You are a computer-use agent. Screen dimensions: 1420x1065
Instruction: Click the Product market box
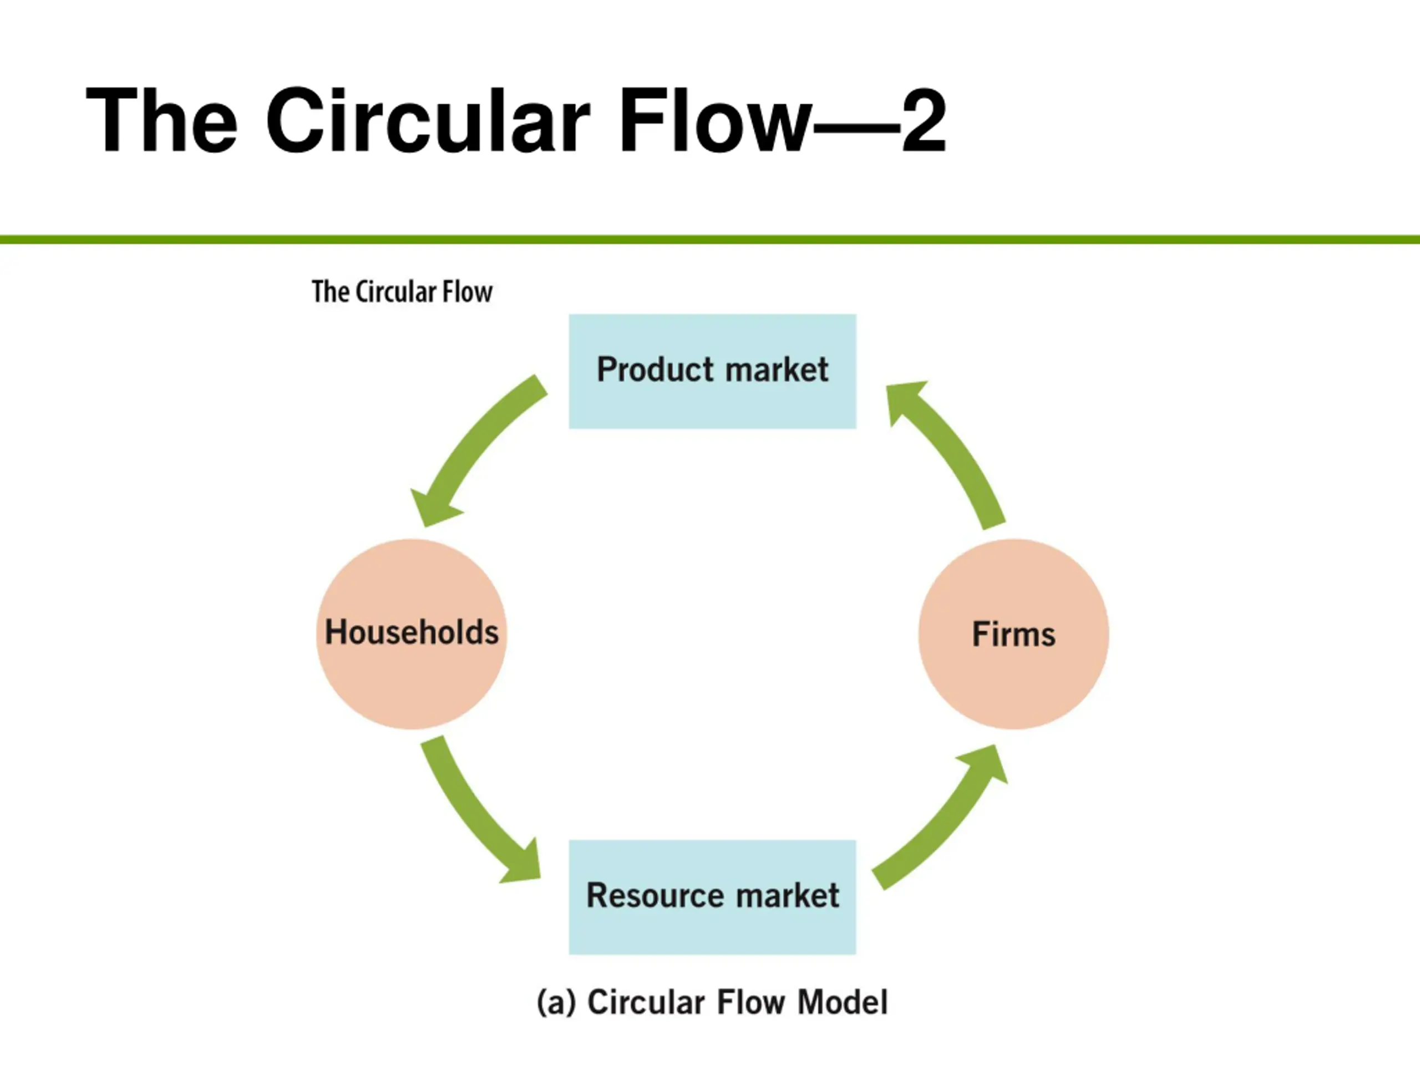tap(713, 371)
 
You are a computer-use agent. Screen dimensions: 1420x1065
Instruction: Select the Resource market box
tap(713, 897)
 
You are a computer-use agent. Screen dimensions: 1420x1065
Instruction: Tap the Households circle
tap(412, 633)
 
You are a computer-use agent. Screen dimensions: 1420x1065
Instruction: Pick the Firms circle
tap(1013, 633)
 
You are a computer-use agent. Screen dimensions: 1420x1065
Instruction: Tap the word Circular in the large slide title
tap(427, 120)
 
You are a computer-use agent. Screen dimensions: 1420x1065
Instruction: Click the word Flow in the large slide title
tap(713, 120)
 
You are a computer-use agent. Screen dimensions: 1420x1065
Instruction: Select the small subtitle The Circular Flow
tap(402, 292)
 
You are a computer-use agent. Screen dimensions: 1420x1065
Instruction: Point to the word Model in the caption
tap(842, 1003)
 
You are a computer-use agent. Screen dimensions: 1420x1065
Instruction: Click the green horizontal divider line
tap(710, 240)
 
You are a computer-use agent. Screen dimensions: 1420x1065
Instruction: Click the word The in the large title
tap(162, 120)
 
